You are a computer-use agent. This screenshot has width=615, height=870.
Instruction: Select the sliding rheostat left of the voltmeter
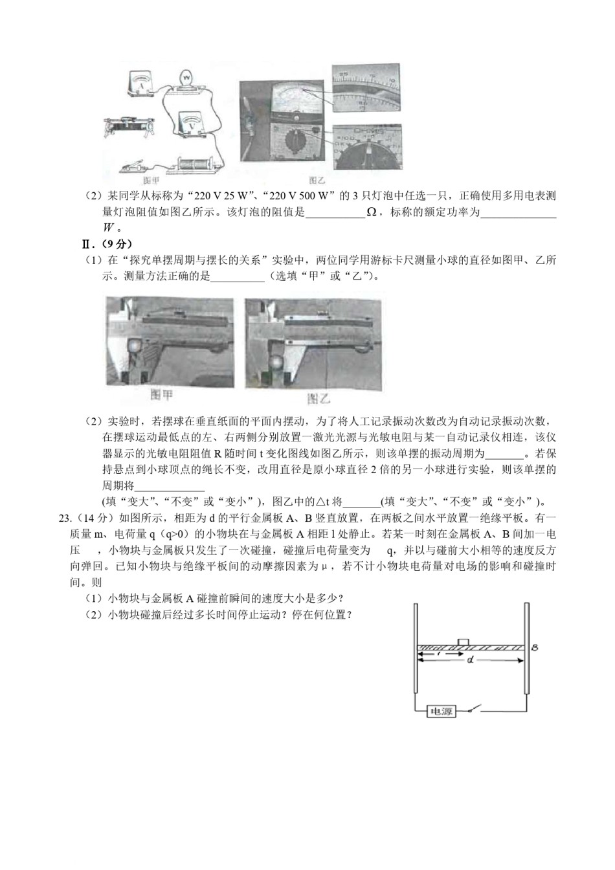tap(129, 125)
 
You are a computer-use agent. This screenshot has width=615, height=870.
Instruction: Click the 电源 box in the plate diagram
tap(442, 712)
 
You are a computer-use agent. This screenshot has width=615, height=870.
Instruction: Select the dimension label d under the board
tap(469, 661)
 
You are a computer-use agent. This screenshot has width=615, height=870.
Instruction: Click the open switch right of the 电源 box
tap(476, 710)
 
